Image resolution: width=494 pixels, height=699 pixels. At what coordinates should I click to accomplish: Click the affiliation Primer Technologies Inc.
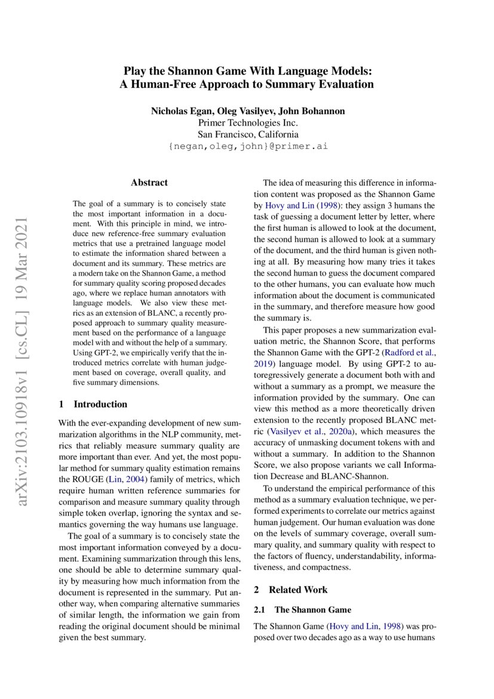[247, 123]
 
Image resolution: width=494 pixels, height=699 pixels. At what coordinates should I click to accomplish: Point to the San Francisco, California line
[247, 135]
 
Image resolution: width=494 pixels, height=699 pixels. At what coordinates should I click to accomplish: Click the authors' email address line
[247, 146]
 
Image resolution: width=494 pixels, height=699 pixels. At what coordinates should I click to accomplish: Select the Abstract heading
[149, 182]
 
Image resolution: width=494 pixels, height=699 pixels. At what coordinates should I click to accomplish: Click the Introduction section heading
[93, 404]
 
